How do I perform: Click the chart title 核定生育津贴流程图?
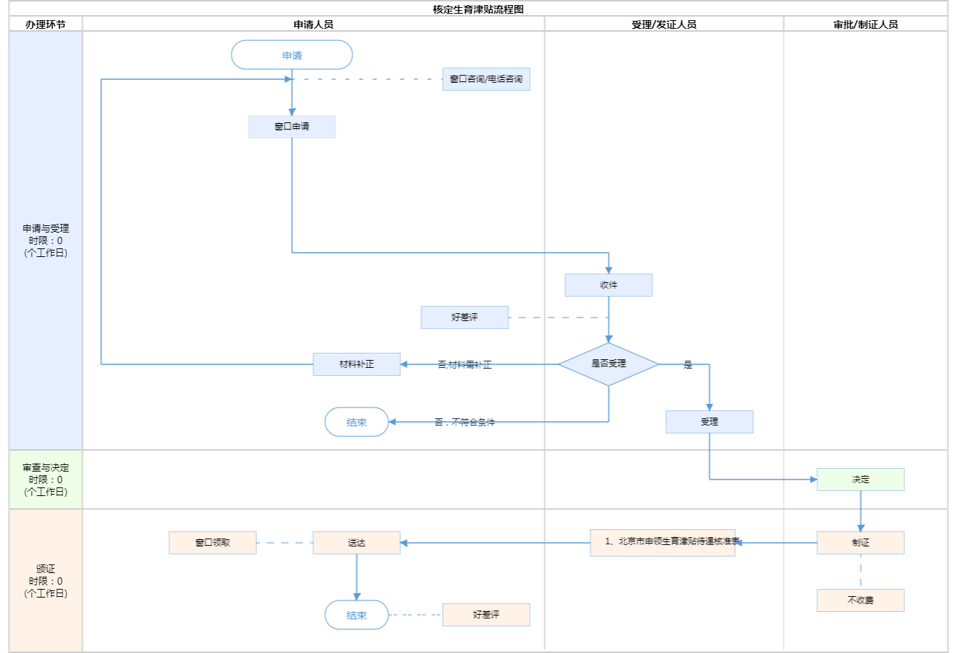pyautogui.click(x=478, y=9)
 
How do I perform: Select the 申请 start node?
pyautogui.click(x=292, y=55)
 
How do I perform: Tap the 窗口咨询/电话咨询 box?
pyautogui.click(x=486, y=79)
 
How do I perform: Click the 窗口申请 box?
pyautogui.click(x=292, y=127)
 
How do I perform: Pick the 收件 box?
pyautogui.click(x=608, y=285)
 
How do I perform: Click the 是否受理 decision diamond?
pyautogui.click(x=608, y=364)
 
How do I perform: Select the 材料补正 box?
pyautogui.click(x=356, y=364)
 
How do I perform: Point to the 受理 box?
pyautogui.click(x=709, y=422)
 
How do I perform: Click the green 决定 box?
pyautogui.click(x=860, y=479)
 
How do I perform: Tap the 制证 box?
pyautogui.click(x=860, y=543)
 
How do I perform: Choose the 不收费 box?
pyautogui.click(x=860, y=600)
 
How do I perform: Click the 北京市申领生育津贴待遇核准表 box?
pyautogui.click(x=662, y=543)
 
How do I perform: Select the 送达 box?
pyautogui.click(x=356, y=543)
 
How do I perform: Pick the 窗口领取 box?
pyautogui.click(x=212, y=543)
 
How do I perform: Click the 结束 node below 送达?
pyautogui.click(x=356, y=615)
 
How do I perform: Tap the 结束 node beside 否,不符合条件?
pyautogui.click(x=356, y=422)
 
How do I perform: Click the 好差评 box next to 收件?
pyautogui.click(x=464, y=318)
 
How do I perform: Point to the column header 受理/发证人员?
pyautogui.click(x=664, y=24)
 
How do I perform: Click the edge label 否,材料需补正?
pyautogui.click(x=464, y=365)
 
